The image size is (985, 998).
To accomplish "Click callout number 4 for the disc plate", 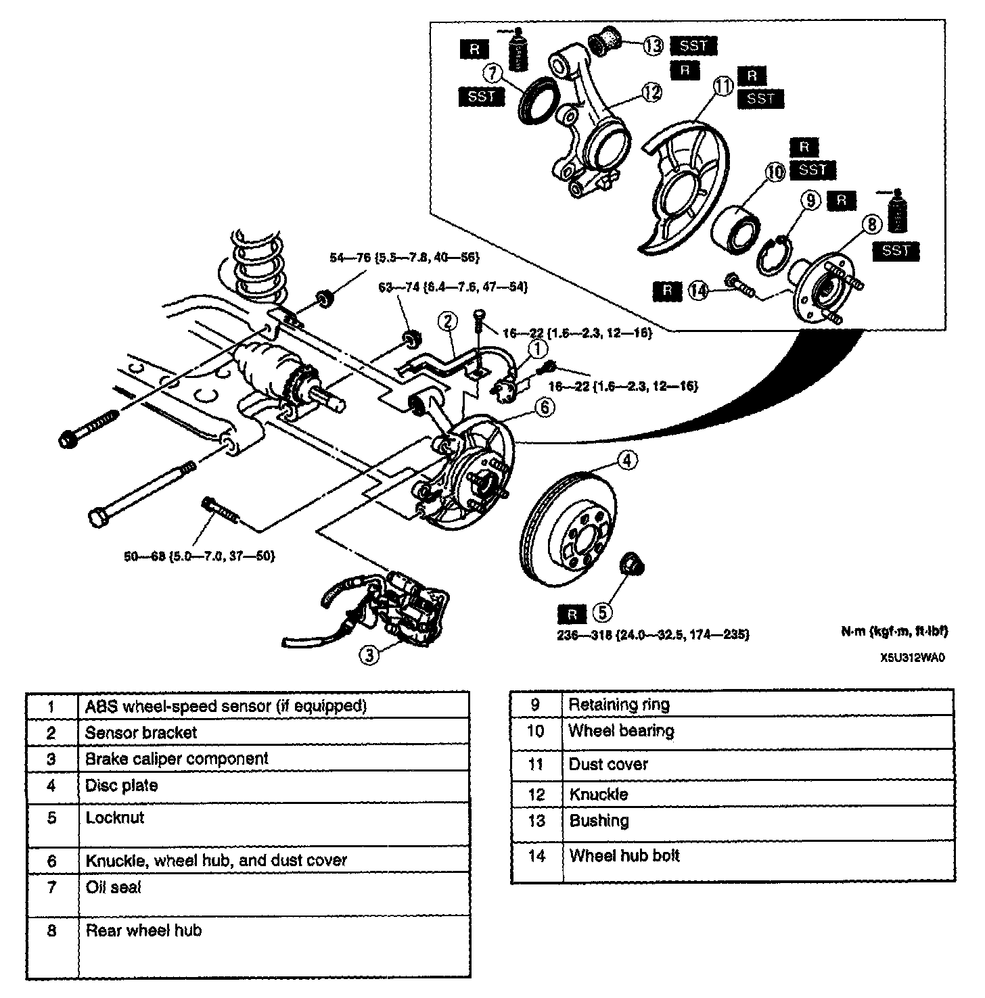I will (x=627, y=461).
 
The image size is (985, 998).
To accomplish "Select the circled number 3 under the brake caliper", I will (x=367, y=655).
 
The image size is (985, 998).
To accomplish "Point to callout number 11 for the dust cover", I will (x=725, y=87).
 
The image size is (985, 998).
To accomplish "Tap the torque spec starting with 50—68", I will (x=198, y=556).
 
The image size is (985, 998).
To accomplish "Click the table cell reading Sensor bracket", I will (x=141, y=732).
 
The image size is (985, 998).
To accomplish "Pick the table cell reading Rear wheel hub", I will (x=143, y=930).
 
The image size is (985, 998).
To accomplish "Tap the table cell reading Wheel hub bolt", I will (x=624, y=856).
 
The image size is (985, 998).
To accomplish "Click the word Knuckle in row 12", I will (x=598, y=794).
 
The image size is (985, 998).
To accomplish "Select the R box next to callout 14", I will (x=668, y=291).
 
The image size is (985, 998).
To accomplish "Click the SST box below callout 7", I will (x=482, y=97).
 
